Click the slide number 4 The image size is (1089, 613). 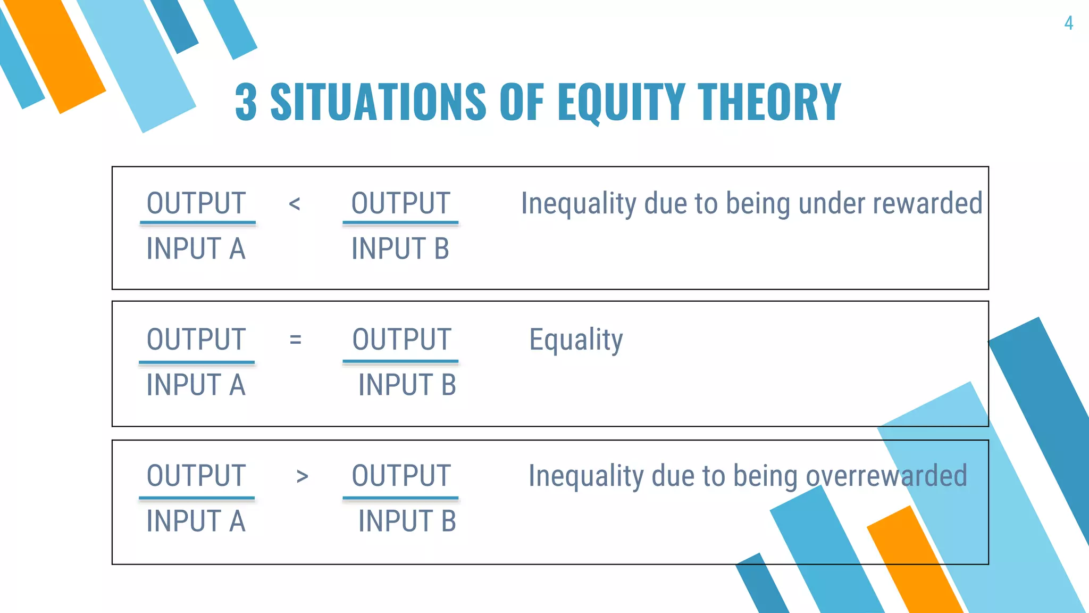[x=1068, y=23]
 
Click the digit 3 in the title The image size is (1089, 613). [x=246, y=102]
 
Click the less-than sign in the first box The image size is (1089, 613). [x=295, y=204]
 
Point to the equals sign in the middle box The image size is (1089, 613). [x=296, y=339]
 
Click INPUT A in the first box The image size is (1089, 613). [x=196, y=249]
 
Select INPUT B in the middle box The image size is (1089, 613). [x=407, y=385]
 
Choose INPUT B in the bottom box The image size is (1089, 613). [x=407, y=521]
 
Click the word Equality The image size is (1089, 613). [x=576, y=340]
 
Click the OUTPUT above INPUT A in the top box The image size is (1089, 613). [x=196, y=203]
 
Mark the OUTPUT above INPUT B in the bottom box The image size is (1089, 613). [x=401, y=476]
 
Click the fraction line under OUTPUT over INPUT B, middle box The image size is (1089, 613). [x=400, y=362]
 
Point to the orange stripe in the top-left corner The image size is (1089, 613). [x=56, y=56]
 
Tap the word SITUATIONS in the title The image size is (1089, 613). [x=378, y=102]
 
